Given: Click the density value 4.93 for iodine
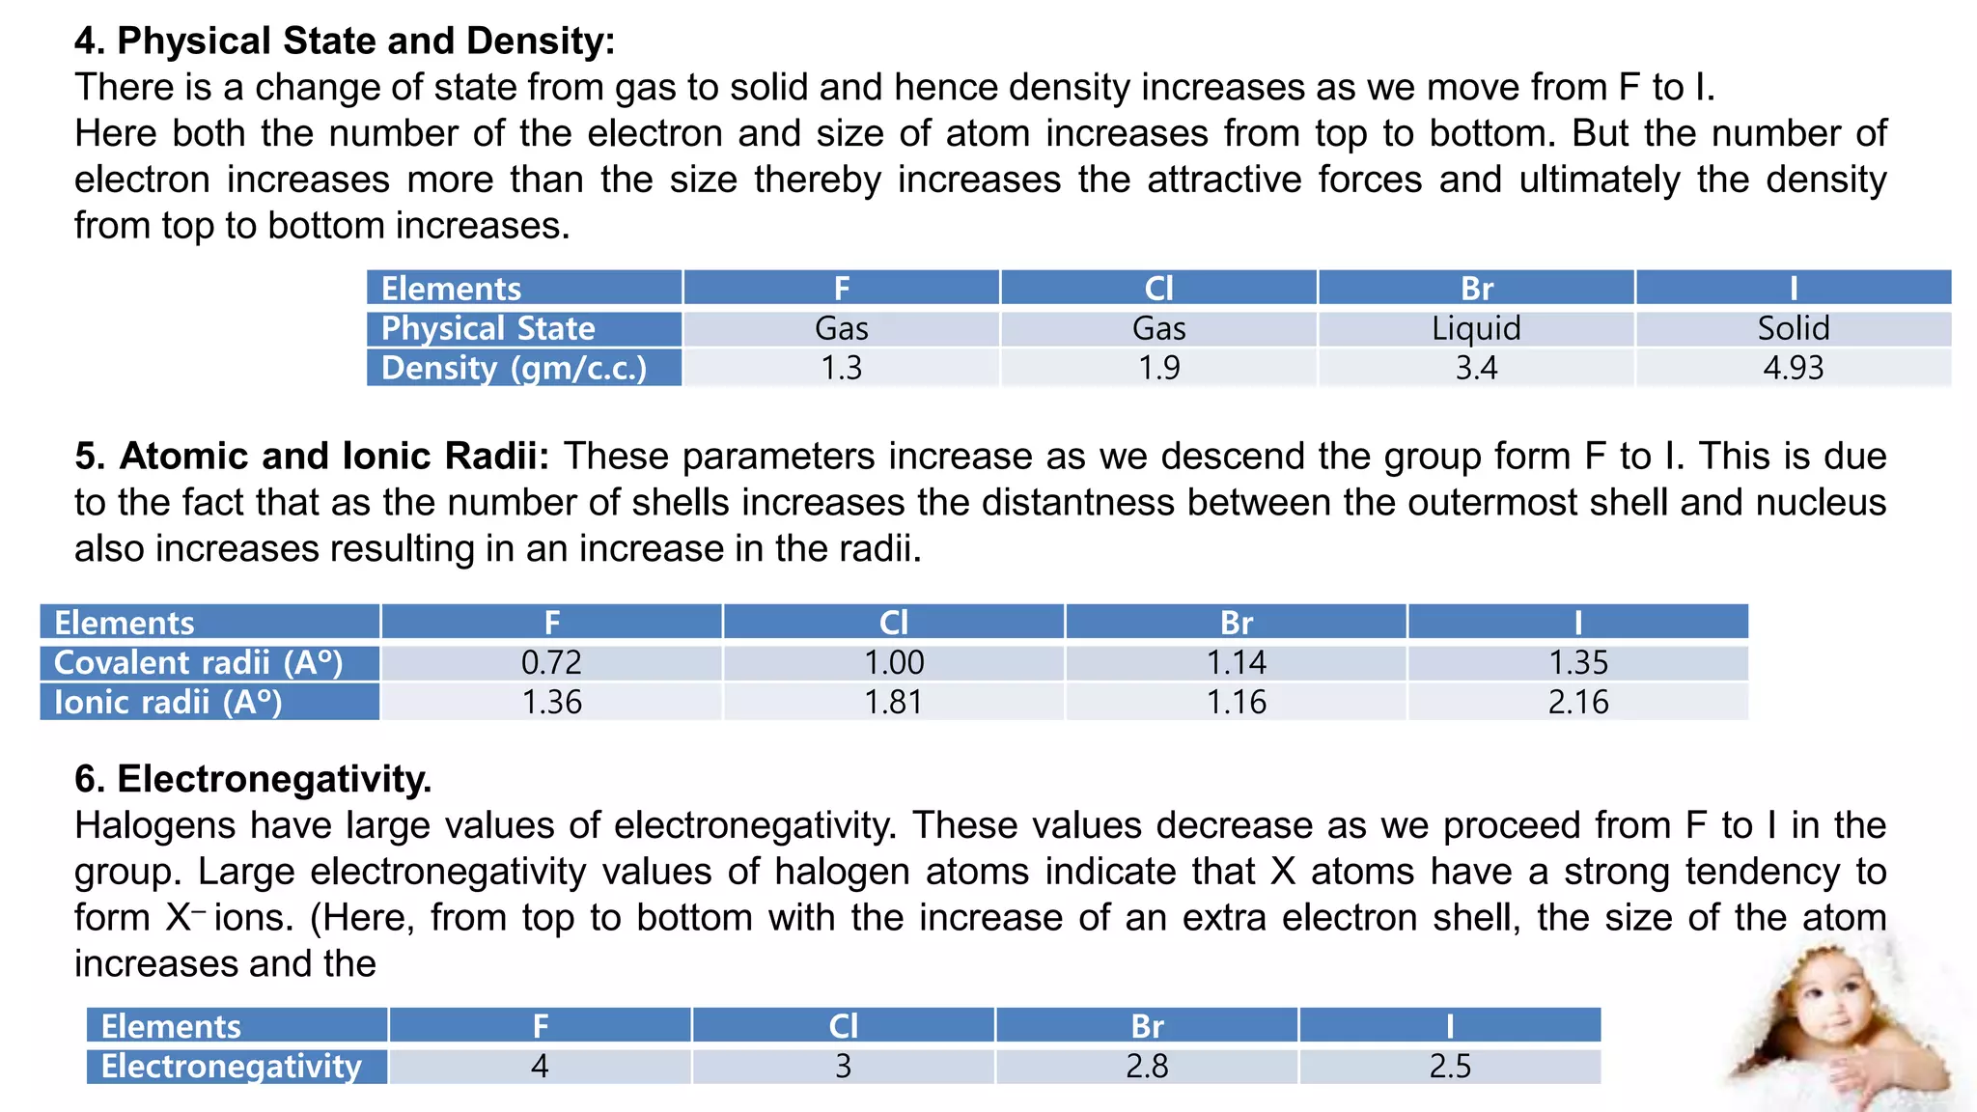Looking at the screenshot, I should click(x=1793, y=368).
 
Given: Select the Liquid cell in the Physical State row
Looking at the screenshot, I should click(x=1476, y=328).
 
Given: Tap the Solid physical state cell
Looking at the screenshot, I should click(x=1793, y=328).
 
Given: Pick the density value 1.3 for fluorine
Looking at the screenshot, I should click(x=841, y=368).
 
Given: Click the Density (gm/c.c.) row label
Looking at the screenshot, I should click(x=514, y=368).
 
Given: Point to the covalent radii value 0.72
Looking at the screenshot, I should click(x=551, y=662).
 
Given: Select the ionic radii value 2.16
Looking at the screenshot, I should click(x=1578, y=702).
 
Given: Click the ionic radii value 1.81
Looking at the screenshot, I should click(x=893, y=702).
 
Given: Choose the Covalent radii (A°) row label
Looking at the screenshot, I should click(x=199, y=662).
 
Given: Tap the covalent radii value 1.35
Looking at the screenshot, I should click(x=1578, y=662).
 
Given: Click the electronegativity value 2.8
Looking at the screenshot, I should click(x=1147, y=1066).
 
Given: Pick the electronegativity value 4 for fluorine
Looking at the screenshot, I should click(x=540, y=1066).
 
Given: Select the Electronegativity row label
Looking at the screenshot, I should click(x=232, y=1066).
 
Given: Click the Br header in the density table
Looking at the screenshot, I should click(x=1476, y=289).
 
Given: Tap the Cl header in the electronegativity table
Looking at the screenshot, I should click(x=843, y=1026).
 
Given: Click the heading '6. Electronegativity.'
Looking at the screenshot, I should click(x=253, y=779).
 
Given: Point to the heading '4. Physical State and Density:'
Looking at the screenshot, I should click(x=345, y=42).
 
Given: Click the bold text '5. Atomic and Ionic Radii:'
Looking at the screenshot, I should click(x=311, y=456).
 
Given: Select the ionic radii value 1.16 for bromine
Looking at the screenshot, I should click(x=1236, y=702).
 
